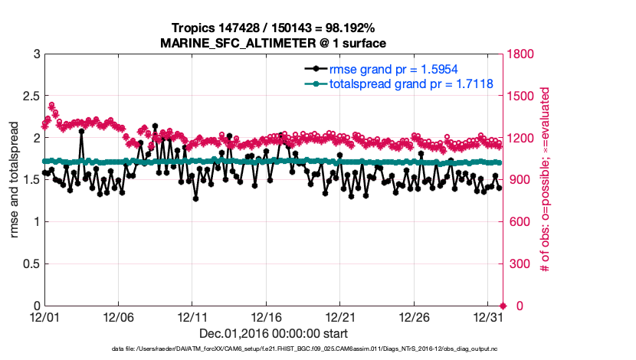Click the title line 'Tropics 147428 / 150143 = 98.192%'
(273, 28)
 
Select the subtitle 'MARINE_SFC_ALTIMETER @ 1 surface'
(273, 43)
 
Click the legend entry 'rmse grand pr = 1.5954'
(394, 70)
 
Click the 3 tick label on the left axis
(35, 54)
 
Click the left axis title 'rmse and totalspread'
(14, 180)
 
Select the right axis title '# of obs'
(545, 180)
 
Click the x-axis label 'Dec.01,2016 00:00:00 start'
(273, 333)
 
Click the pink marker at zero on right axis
(503, 306)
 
